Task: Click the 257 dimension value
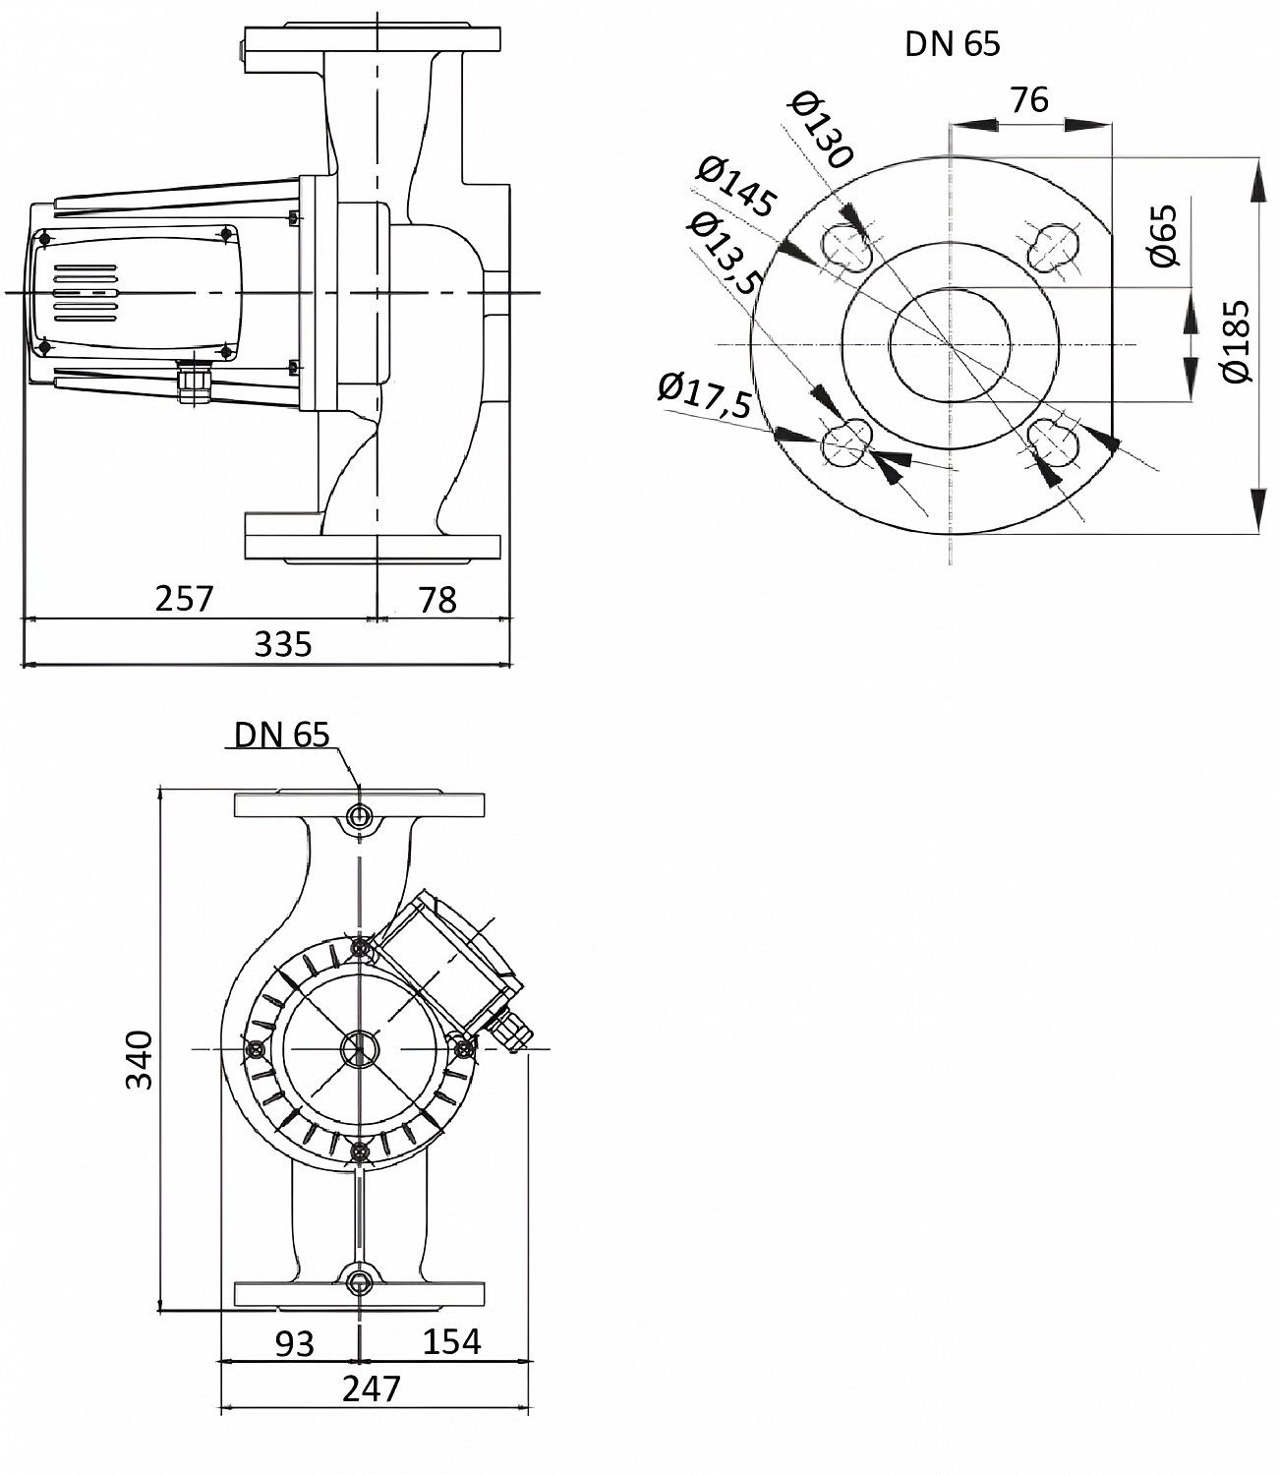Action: [184, 598]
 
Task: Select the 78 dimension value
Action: [437, 599]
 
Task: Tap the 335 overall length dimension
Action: [283, 644]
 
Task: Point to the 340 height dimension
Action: [141, 1059]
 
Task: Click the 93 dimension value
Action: [294, 1342]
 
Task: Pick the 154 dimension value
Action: [452, 1341]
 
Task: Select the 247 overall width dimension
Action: [372, 1388]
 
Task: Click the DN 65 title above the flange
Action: [952, 44]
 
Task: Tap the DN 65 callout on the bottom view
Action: [281, 735]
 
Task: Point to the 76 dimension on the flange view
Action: [1029, 100]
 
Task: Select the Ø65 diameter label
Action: [1163, 236]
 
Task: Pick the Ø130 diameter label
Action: [822, 129]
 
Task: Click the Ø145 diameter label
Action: [736, 187]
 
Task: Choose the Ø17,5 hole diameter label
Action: [706, 393]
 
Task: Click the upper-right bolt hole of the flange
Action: [1053, 246]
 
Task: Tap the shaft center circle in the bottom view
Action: [359, 1049]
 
